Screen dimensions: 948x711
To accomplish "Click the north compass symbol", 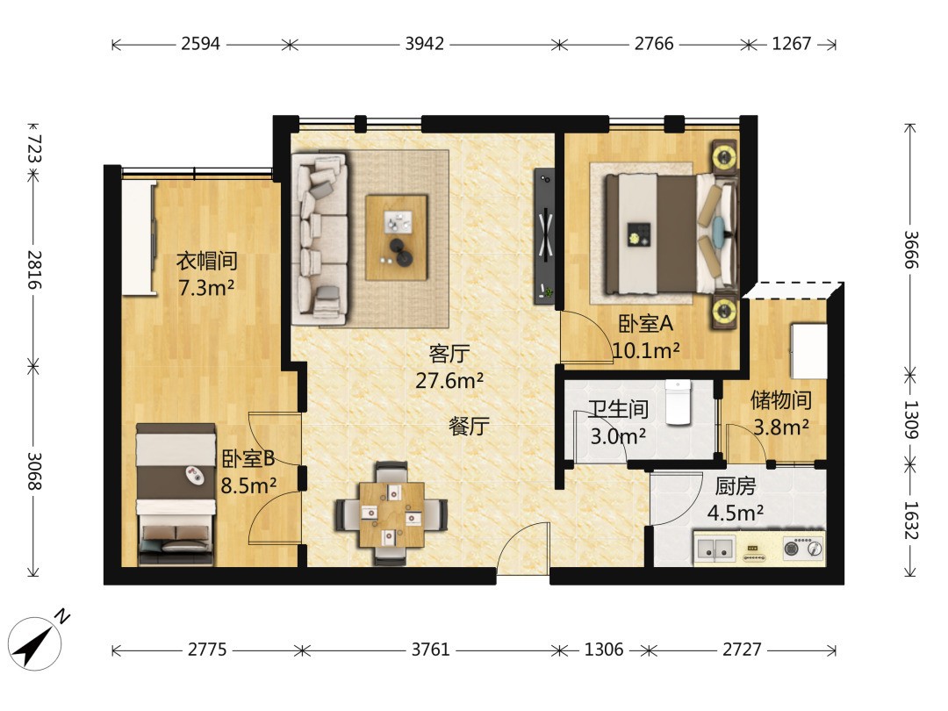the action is click(x=37, y=643).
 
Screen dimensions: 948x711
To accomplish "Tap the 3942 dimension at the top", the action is click(x=425, y=44).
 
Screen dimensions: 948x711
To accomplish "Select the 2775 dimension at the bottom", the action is click(x=207, y=650).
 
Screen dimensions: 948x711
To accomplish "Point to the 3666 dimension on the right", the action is click(x=911, y=250).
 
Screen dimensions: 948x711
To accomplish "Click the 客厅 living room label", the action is click(x=449, y=354).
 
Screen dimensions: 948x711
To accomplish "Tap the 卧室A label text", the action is click(x=646, y=324).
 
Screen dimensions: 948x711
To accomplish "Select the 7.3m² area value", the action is click(x=206, y=288).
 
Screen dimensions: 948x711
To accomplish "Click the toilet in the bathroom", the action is click(x=679, y=402).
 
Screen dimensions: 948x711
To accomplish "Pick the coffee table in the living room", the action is click(x=397, y=238).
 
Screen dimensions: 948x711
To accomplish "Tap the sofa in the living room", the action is click(x=320, y=239).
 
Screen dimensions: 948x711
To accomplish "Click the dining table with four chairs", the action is click(x=391, y=513).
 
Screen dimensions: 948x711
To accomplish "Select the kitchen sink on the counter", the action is click(x=715, y=549).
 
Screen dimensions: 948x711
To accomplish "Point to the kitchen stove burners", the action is click(x=803, y=548).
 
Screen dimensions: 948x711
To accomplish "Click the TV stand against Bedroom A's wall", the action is click(x=544, y=236).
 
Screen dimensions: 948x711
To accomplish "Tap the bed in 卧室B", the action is click(x=176, y=494).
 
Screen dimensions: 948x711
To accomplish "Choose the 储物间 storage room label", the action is click(x=781, y=399).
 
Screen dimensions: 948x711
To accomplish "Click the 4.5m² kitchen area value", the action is click(x=736, y=513).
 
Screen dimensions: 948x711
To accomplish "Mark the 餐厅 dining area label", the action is click(x=469, y=427).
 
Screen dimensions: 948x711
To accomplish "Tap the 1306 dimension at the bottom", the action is click(x=603, y=650).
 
